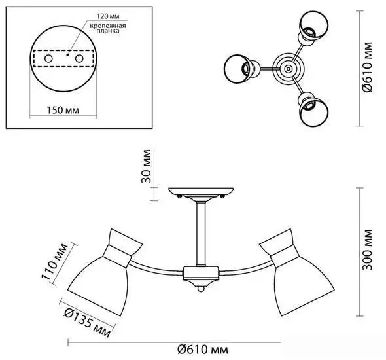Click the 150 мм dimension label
point(63,110)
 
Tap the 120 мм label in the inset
point(108,16)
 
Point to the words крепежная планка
point(108,28)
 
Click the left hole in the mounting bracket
point(48,59)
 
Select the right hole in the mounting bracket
point(79,59)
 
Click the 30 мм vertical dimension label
point(146,166)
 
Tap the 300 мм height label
point(367,249)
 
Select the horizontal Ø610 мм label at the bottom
point(203,350)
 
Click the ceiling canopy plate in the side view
point(201,192)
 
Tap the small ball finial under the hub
point(201,289)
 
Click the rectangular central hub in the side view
point(201,274)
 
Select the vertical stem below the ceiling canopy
point(201,234)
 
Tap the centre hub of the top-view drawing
point(289,69)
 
